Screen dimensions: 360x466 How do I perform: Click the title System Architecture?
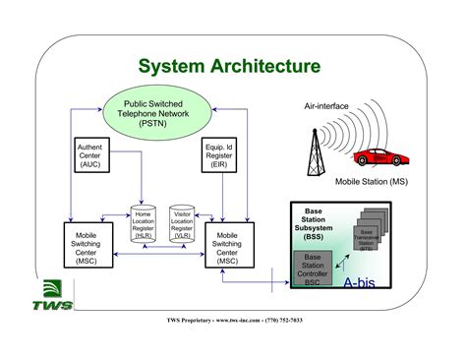228,67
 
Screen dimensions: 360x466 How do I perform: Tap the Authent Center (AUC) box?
89,155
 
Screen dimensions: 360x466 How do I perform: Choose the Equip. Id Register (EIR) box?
217,155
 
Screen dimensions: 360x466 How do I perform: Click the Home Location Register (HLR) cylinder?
144,225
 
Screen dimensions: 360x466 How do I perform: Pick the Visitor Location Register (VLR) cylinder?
182,225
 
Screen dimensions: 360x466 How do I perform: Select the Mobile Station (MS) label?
375,182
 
